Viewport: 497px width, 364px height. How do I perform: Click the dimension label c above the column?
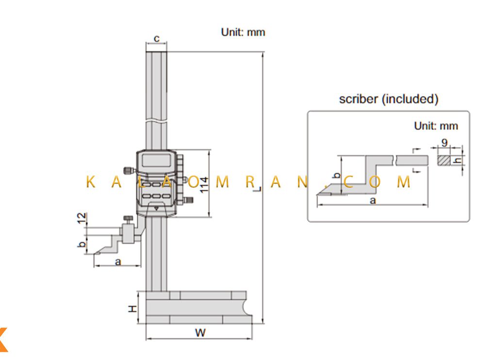pyautogui.click(x=157, y=39)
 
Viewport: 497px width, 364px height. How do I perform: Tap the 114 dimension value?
pyautogui.click(x=204, y=185)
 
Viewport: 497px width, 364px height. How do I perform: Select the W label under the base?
pyautogui.click(x=200, y=332)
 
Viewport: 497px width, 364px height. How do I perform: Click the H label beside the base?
pyautogui.click(x=133, y=309)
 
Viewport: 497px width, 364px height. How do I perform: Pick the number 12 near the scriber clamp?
pyautogui.click(x=82, y=218)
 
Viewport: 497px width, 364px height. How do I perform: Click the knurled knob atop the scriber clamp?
pyautogui.click(x=128, y=219)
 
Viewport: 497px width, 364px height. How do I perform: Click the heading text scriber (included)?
pyautogui.click(x=389, y=99)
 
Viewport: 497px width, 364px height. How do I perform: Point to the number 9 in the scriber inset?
pyautogui.click(x=445, y=142)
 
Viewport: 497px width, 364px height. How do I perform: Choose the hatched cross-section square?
pyautogui.click(x=444, y=160)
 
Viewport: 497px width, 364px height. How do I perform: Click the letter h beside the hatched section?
pyautogui.click(x=457, y=160)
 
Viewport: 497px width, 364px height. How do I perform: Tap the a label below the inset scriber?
pyautogui.click(x=373, y=200)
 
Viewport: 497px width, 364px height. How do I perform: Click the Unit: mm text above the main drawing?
pyautogui.click(x=243, y=32)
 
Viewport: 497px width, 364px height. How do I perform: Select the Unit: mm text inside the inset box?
pyautogui.click(x=436, y=126)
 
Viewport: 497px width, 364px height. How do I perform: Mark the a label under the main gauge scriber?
pyautogui.click(x=118, y=262)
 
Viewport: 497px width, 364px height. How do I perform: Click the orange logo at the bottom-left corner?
pyautogui.click(x=3, y=339)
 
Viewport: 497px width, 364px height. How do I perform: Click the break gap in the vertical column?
pyautogui.click(x=156, y=121)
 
